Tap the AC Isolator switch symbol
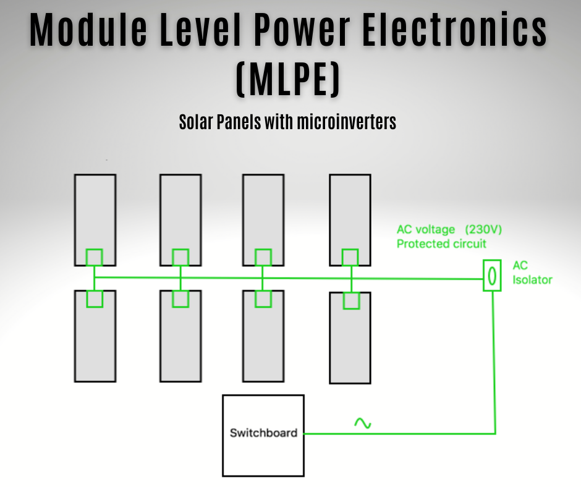(492, 276)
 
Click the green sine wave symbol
(362, 423)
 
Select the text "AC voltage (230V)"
(449, 230)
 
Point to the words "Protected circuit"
(441, 244)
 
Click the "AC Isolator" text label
(532, 273)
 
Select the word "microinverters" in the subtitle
(346, 122)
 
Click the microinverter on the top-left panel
(94, 256)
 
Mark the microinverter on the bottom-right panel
(351, 301)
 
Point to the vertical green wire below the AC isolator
(494, 358)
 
